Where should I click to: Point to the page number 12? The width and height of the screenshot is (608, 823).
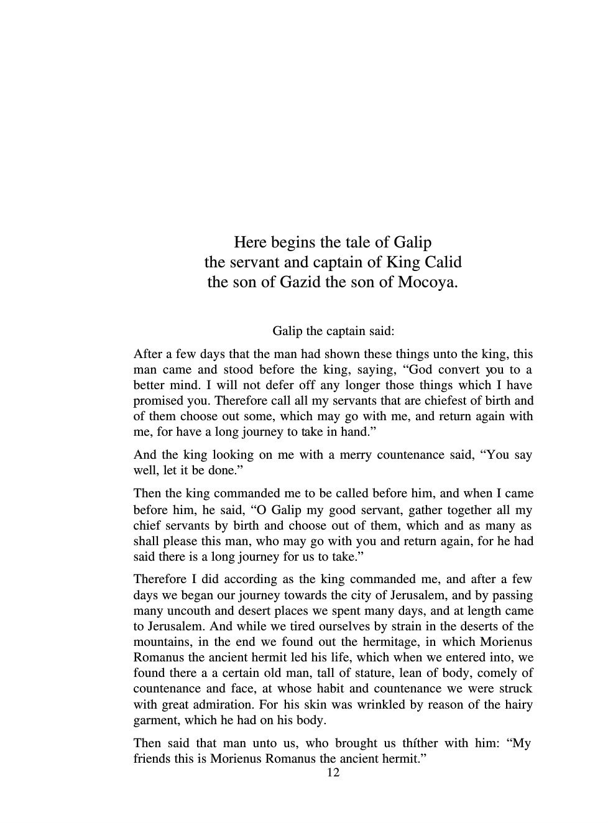[x=333, y=773]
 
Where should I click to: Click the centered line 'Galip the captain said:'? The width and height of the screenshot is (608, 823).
[x=333, y=331]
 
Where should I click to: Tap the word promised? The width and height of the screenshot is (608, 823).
[x=159, y=401]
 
